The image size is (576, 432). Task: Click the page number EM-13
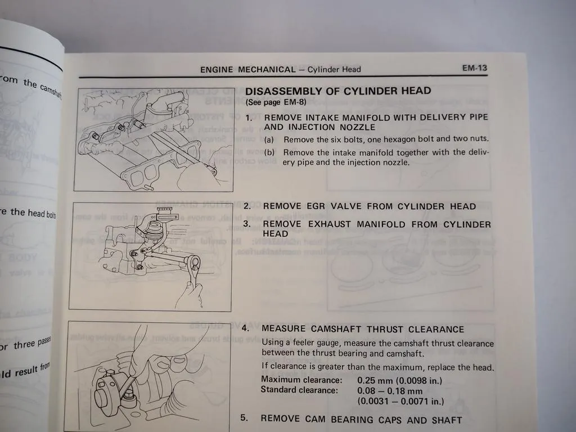(474, 68)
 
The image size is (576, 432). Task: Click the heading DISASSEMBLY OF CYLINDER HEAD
(339, 91)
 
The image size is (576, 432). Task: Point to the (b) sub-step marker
(270, 152)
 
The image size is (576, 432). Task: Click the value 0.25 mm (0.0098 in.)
(400, 380)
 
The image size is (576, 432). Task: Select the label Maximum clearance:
(301, 380)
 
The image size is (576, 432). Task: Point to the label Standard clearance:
(299, 390)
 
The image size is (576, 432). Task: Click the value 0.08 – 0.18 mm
(390, 390)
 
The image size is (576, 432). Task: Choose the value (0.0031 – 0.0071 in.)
(400, 401)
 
